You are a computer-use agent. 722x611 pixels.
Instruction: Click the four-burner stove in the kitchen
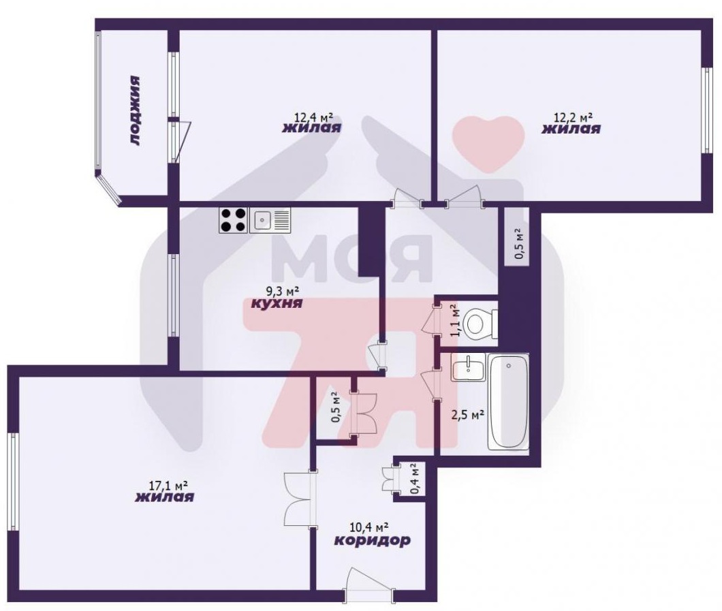click(234, 220)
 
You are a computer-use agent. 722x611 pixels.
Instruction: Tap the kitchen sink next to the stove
click(270, 220)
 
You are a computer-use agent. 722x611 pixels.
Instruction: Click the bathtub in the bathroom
click(508, 401)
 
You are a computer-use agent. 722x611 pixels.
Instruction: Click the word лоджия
click(134, 110)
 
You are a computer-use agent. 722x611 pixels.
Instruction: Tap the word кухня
click(277, 304)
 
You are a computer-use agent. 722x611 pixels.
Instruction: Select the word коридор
click(372, 539)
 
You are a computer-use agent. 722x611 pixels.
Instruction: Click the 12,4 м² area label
click(313, 117)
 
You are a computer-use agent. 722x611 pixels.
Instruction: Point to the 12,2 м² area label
click(572, 117)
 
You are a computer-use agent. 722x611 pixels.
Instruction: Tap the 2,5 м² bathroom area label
click(467, 415)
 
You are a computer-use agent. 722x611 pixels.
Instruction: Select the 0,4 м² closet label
click(415, 479)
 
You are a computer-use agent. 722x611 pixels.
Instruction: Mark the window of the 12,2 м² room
click(707, 111)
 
